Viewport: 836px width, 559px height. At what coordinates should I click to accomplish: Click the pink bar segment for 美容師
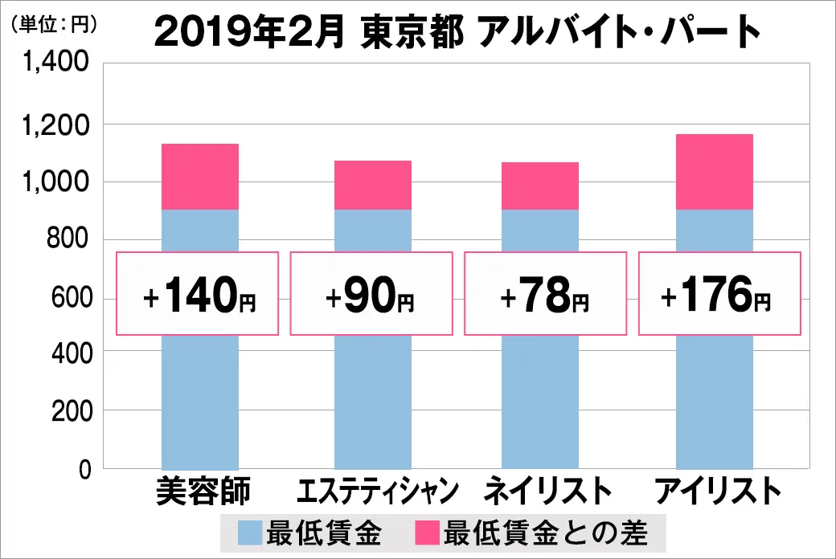(200, 177)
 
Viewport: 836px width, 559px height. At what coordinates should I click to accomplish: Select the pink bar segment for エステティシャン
(373, 186)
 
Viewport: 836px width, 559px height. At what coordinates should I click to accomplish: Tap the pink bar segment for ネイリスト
(539, 186)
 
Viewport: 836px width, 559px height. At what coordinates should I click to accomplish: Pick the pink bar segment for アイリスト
(715, 172)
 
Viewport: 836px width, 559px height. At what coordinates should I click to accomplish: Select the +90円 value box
(371, 294)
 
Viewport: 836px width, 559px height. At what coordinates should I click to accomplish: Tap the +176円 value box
(719, 294)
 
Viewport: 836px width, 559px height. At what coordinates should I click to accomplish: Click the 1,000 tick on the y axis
(60, 182)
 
